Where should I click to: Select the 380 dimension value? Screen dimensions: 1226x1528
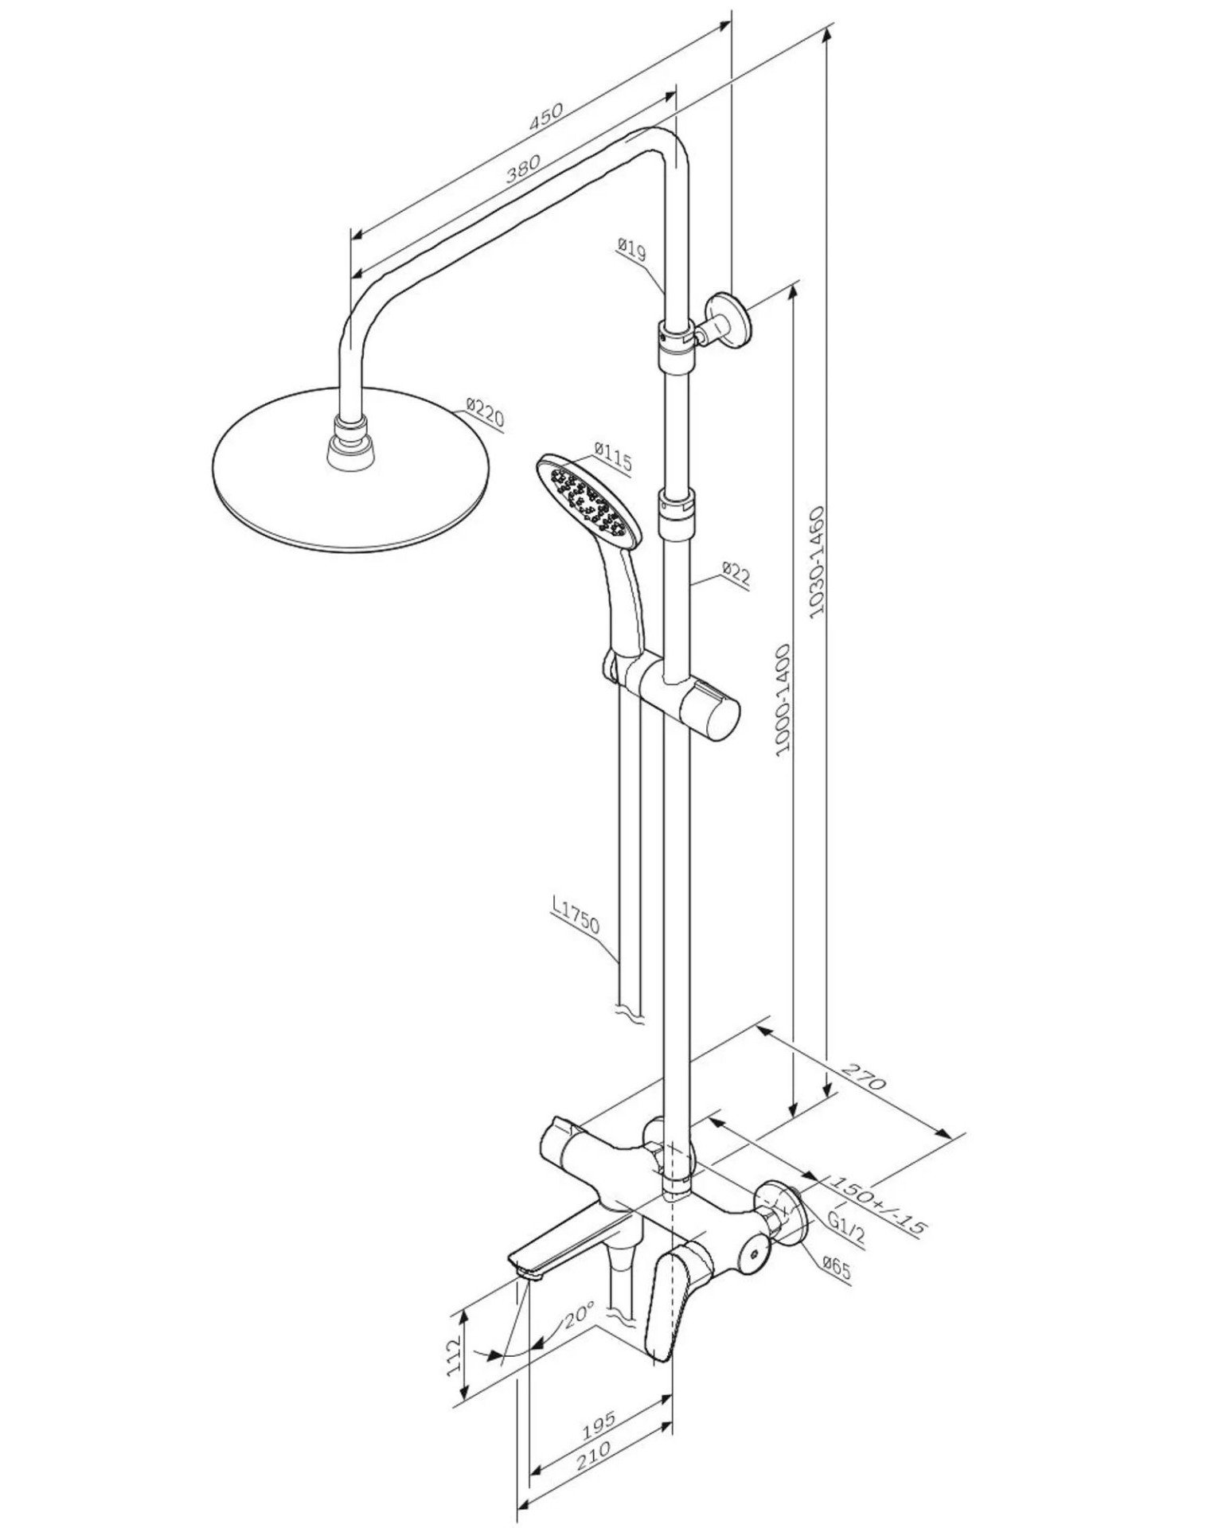tap(523, 169)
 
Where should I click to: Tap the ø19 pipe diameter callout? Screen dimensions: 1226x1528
tap(631, 250)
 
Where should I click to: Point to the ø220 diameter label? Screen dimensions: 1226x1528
tap(484, 415)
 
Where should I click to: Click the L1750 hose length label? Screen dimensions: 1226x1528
tap(575, 916)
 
